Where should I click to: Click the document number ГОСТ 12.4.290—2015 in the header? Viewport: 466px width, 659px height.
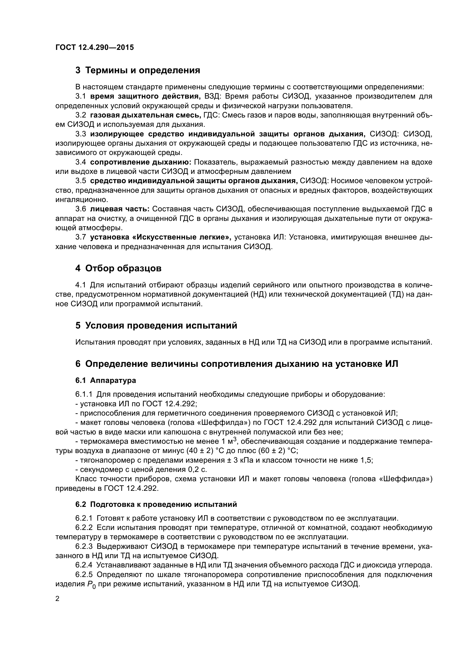click(94, 47)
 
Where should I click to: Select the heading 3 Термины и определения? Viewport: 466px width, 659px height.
click(138, 70)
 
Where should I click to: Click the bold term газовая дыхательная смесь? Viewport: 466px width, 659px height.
click(145, 115)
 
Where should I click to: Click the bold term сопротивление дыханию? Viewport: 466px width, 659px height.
click(141, 162)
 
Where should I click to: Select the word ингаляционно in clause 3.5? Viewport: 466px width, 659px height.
click(81, 199)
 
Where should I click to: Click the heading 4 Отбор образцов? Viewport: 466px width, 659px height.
click(119, 269)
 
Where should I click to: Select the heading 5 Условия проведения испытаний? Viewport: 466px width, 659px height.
click(156, 325)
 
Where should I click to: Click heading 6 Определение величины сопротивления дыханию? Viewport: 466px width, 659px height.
click(237, 364)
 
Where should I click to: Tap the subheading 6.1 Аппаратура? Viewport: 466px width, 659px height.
click(106, 380)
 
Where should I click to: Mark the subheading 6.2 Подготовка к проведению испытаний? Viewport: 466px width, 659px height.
click(156, 504)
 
